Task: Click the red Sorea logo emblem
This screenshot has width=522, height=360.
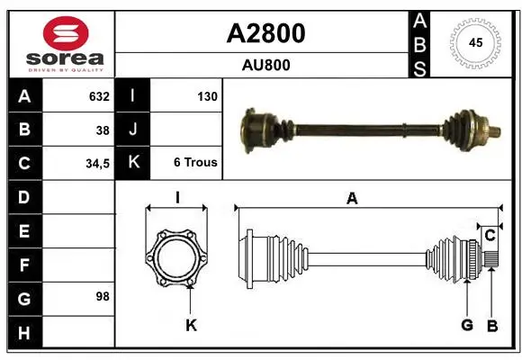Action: tap(66, 33)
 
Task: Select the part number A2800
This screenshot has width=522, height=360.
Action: tap(265, 33)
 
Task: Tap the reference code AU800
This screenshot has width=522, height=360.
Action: tap(265, 65)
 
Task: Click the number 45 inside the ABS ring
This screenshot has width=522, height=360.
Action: tap(475, 42)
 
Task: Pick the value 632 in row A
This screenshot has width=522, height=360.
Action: tap(99, 96)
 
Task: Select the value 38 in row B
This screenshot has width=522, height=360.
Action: tap(103, 130)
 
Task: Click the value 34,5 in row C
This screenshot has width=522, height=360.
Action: tap(97, 164)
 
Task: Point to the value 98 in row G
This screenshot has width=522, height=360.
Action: tap(103, 296)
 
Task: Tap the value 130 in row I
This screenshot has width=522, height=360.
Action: tap(207, 96)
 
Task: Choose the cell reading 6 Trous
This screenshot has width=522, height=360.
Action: tap(195, 162)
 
